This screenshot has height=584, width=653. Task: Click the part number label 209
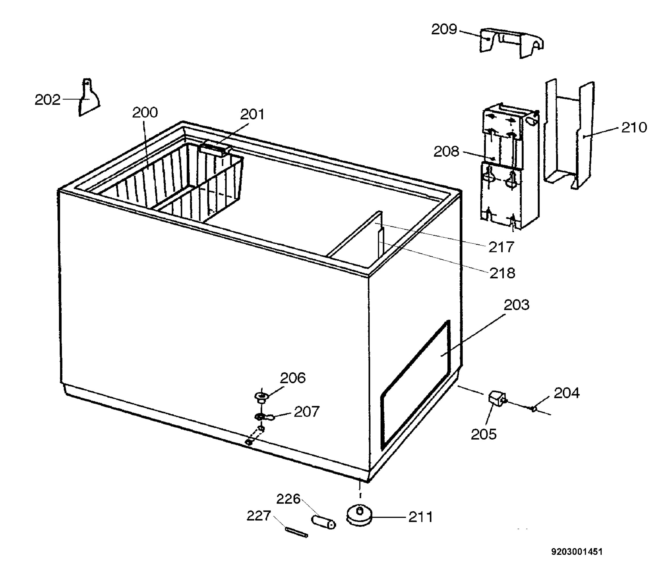pyautogui.click(x=444, y=30)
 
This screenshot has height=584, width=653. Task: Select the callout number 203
pyautogui.click(x=516, y=305)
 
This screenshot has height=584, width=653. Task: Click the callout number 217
pyautogui.click(x=501, y=247)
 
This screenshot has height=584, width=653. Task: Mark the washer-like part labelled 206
pyautogui.click(x=261, y=397)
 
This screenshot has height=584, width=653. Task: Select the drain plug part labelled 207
pyautogui.click(x=264, y=417)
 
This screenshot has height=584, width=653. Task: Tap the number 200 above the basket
pyautogui.click(x=145, y=113)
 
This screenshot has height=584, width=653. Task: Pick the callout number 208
pyautogui.click(x=446, y=152)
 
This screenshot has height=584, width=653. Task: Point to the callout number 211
pyautogui.click(x=420, y=517)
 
